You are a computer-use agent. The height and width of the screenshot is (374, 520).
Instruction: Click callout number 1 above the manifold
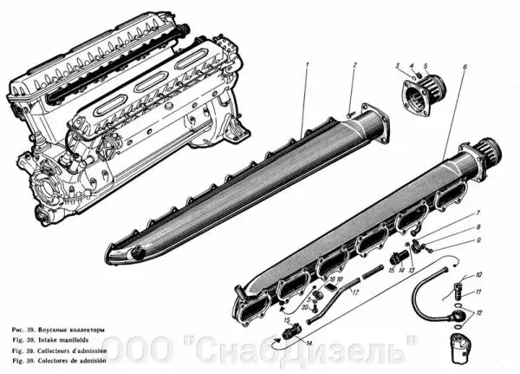[308, 67]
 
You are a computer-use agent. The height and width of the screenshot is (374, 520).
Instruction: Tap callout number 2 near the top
[354, 67]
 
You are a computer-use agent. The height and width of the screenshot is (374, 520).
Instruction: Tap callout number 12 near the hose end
[480, 312]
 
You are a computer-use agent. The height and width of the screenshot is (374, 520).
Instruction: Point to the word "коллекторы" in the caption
[86, 331]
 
